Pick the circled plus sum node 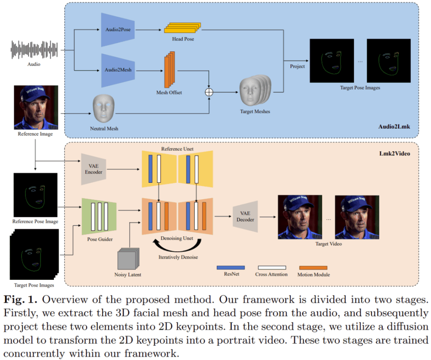click(x=209, y=92)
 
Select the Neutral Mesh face click(x=104, y=109)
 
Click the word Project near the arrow click(x=297, y=66)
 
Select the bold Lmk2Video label click(x=394, y=153)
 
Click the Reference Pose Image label click(x=36, y=222)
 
